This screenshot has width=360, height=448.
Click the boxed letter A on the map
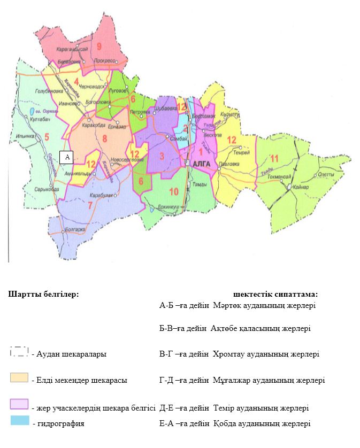(67, 157)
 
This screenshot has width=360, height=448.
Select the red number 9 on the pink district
(99, 46)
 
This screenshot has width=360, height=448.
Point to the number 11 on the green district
(274, 158)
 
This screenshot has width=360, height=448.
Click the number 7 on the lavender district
(90, 205)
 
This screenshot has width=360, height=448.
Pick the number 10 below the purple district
(174, 192)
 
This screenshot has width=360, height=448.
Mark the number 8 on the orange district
(104, 139)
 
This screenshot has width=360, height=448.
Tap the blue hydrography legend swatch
(19, 421)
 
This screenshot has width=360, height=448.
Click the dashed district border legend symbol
(19, 352)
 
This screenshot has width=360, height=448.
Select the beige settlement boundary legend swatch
(19, 378)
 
